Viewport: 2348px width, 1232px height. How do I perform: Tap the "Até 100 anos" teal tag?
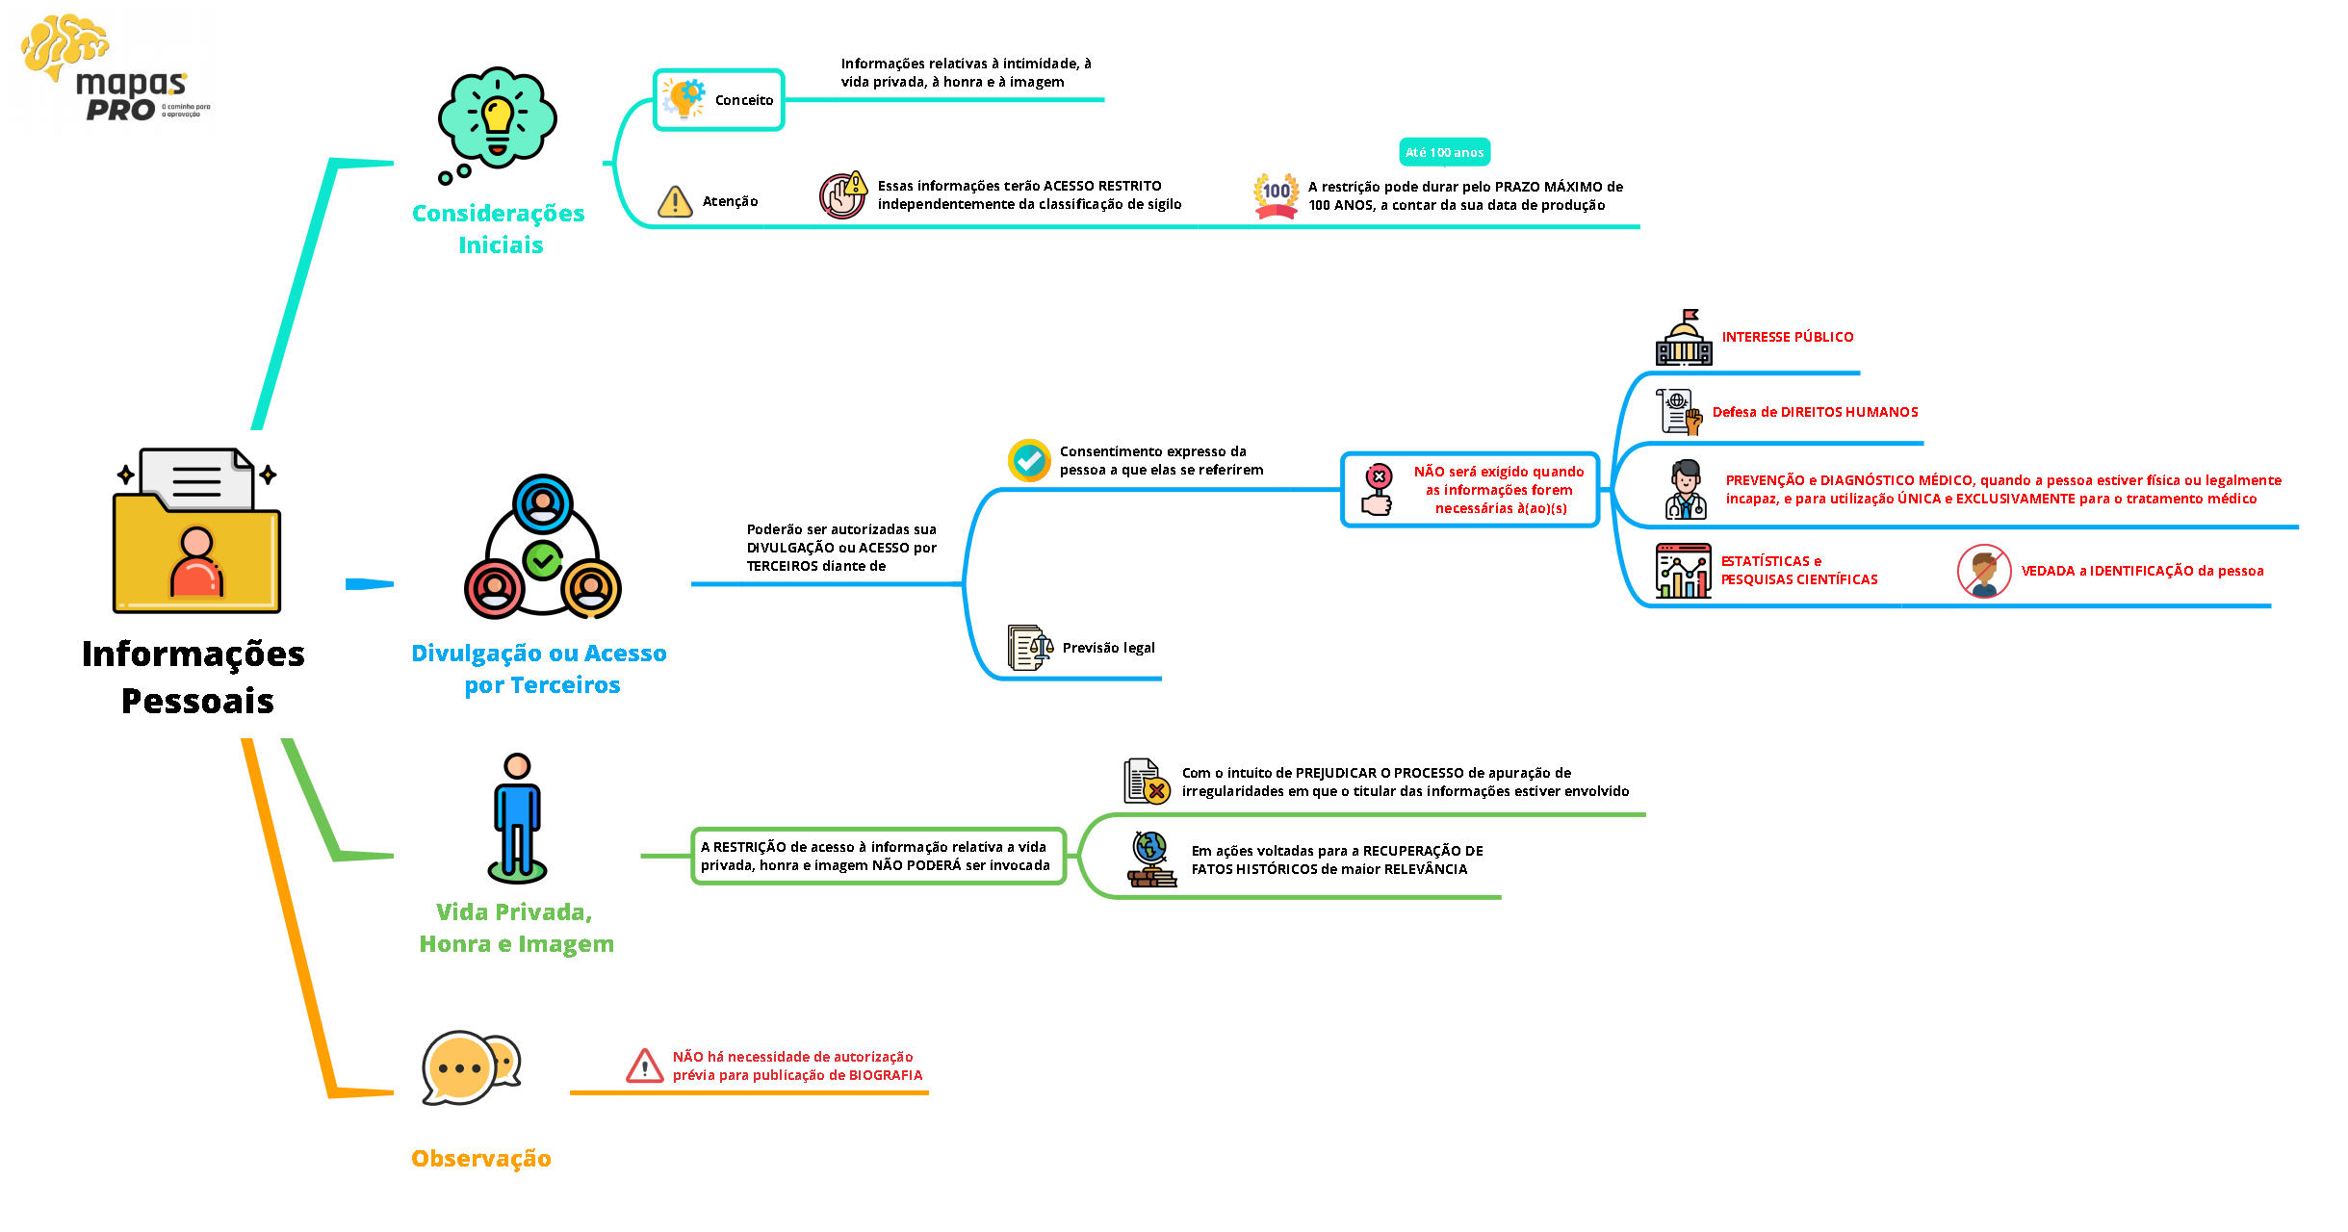[1443, 152]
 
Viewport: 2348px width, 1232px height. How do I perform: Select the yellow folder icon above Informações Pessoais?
[196, 531]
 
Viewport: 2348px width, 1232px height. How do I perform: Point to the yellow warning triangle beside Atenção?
[675, 201]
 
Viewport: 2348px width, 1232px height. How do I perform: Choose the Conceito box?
[719, 100]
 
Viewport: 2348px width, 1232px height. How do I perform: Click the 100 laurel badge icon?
[1276, 194]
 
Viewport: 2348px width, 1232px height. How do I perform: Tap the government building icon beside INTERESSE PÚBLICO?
[1684, 338]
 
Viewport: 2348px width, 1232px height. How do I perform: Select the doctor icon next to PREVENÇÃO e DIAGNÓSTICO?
[1686, 490]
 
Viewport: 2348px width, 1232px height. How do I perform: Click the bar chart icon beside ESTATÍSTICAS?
[1683, 571]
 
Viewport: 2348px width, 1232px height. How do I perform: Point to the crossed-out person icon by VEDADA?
[1983, 571]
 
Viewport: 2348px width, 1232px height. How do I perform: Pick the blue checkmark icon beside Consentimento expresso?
[1028, 460]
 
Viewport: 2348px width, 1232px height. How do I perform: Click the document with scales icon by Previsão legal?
[1029, 648]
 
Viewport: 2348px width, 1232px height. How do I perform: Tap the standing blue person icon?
[517, 818]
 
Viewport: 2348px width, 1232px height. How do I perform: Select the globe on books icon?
[1151, 859]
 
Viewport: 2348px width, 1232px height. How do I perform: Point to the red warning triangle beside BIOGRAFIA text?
[644, 1066]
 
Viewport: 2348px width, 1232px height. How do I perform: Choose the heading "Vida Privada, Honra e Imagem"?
[516, 927]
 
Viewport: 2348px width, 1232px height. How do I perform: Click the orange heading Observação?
[480, 1158]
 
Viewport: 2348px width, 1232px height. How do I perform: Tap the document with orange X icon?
[1146, 781]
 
